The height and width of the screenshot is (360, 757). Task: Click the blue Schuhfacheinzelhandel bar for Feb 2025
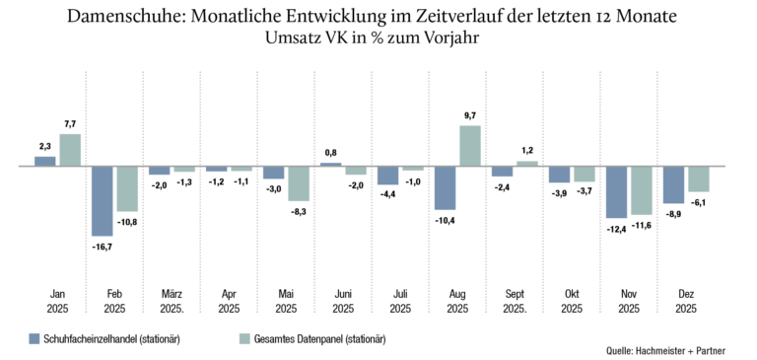(x=102, y=201)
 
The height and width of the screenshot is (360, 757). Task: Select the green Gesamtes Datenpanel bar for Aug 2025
(x=470, y=146)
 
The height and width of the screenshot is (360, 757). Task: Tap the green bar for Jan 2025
(x=70, y=150)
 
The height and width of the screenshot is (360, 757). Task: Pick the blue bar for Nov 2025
(x=616, y=192)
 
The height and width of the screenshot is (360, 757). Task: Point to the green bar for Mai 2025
(x=299, y=183)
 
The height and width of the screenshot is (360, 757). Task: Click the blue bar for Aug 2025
(x=446, y=188)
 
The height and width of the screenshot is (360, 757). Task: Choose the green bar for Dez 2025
(x=699, y=179)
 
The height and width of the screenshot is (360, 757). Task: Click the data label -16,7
(x=102, y=247)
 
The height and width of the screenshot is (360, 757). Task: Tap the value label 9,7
(x=470, y=115)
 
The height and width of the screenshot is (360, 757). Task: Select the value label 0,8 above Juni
(x=331, y=153)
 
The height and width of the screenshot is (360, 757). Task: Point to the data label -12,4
(x=616, y=229)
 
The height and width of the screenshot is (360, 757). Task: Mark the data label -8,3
(x=299, y=211)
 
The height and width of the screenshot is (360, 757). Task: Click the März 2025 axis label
(x=171, y=301)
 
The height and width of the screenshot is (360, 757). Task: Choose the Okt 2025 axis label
(x=572, y=301)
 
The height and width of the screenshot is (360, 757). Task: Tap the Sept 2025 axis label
(x=515, y=301)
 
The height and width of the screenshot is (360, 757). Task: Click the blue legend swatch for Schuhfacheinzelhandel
(x=34, y=338)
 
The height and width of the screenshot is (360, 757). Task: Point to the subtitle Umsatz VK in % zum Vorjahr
(x=373, y=37)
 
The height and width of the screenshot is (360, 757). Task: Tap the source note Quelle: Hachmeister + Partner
(x=665, y=351)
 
